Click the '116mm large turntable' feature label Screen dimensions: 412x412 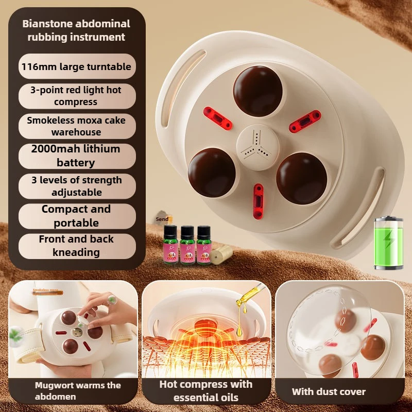77,66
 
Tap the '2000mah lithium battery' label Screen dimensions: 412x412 77,156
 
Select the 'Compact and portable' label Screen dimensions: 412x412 77,216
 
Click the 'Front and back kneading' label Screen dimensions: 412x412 77,246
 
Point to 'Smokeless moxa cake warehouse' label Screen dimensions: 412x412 77,126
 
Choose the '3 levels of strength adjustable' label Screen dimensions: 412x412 77,186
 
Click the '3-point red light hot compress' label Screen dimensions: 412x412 77,96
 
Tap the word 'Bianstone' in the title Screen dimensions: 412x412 47,24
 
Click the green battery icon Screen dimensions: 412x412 388,243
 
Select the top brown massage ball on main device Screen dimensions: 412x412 257,91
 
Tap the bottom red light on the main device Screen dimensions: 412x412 258,201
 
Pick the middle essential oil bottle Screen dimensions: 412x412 187,245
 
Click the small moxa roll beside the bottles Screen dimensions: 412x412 222,254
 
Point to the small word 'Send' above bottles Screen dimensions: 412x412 162,219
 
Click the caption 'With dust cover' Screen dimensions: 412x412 329,392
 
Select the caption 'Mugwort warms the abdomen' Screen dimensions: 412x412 77,391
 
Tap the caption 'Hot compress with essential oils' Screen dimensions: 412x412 205,391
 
